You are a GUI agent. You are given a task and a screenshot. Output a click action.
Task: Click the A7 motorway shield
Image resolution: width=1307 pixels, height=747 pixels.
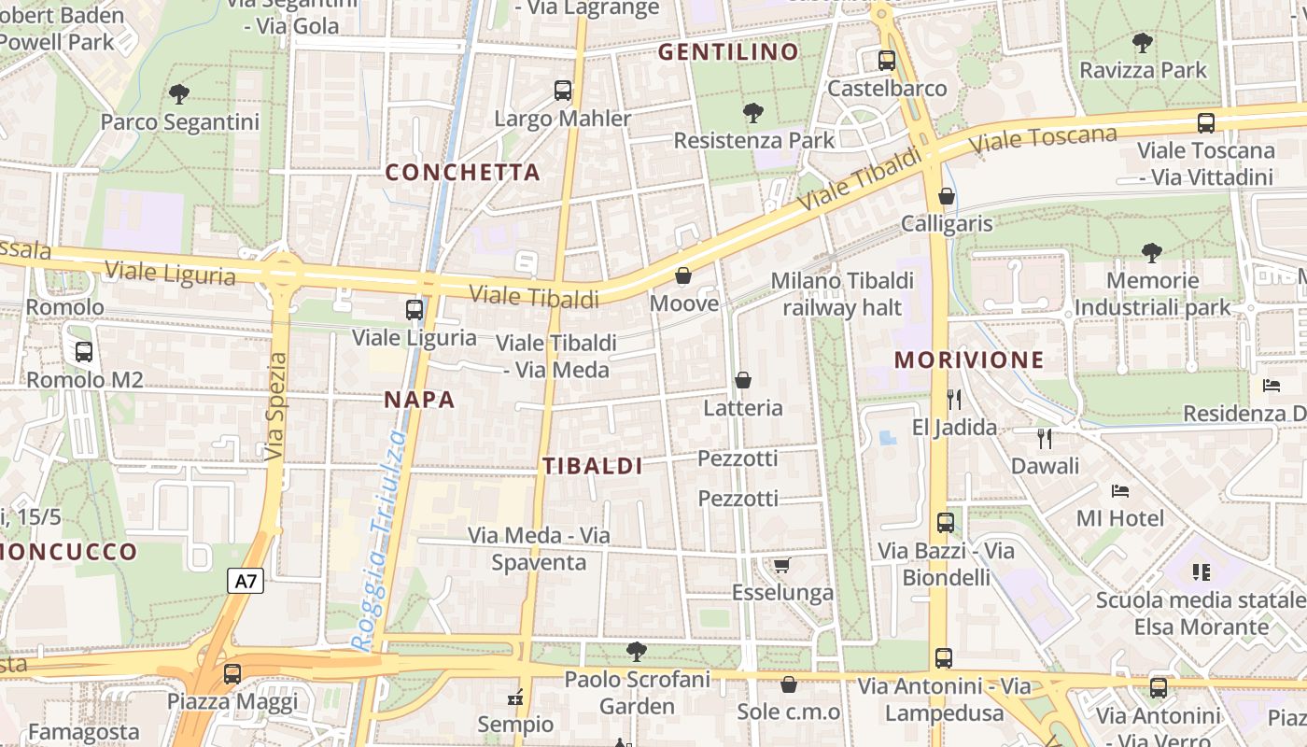tap(246, 582)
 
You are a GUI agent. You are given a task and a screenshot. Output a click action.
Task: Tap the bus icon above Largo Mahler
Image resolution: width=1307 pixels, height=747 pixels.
tap(562, 91)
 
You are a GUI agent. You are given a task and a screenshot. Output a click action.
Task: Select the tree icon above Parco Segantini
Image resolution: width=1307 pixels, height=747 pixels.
tap(179, 93)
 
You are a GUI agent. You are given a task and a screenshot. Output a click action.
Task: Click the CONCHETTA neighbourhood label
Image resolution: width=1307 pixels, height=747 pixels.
tap(463, 172)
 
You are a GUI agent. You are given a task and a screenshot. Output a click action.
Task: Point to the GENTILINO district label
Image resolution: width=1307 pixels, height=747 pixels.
tap(728, 51)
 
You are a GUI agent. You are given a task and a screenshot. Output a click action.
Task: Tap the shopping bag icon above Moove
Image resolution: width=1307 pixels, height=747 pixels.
tap(683, 275)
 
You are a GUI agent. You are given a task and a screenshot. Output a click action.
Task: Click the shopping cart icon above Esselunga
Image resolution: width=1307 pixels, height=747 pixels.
tap(781, 565)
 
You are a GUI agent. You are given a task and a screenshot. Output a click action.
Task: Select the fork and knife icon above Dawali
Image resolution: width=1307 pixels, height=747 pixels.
tap(1044, 438)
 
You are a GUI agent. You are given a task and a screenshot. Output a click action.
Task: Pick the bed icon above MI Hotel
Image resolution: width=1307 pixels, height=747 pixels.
tap(1120, 490)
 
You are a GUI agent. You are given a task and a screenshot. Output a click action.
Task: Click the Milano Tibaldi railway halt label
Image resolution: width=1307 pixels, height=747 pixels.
tap(842, 294)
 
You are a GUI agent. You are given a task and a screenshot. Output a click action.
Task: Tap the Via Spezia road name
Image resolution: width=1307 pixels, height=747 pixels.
tap(275, 406)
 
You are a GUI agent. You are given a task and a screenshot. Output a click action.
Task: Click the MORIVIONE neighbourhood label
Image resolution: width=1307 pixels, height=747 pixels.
tap(968, 359)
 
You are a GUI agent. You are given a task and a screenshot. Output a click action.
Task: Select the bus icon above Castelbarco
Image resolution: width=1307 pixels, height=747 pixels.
tap(886, 61)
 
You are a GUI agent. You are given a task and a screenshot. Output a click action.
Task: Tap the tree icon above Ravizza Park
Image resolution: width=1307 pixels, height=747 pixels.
tap(1142, 42)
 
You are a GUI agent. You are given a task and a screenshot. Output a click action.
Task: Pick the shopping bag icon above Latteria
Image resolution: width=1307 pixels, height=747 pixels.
tap(743, 380)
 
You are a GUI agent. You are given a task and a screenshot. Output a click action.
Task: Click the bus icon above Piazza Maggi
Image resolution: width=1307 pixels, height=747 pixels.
tap(232, 673)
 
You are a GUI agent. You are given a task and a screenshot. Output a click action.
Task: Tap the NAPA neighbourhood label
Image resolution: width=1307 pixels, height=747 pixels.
tap(419, 400)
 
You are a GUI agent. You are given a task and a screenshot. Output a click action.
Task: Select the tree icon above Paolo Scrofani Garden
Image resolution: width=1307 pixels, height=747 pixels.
tap(637, 651)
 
